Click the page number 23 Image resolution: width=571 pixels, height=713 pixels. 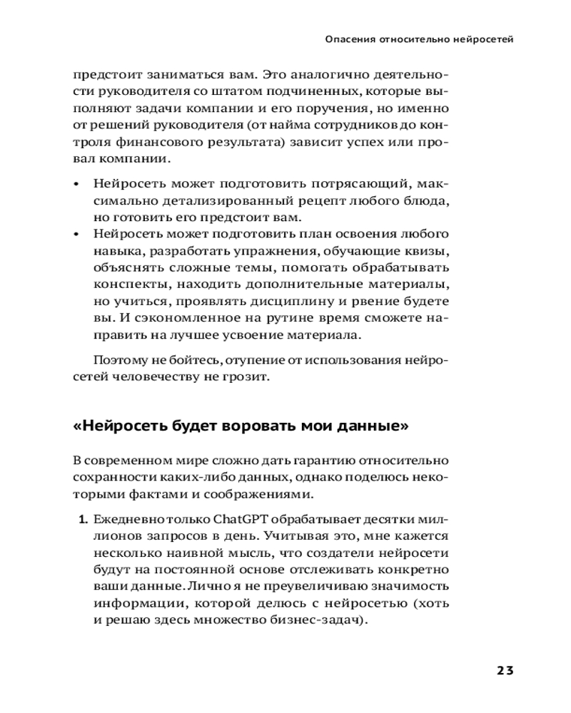tap(505, 670)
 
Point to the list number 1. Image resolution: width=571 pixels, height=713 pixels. tap(83, 520)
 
